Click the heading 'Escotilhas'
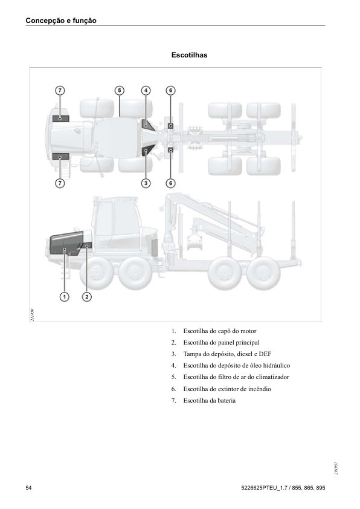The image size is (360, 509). point(189,55)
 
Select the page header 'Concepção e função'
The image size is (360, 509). point(61,21)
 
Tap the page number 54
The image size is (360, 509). point(29,487)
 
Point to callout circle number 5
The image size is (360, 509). point(120,90)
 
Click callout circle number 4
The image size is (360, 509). point(146,90)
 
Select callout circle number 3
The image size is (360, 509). point(146,183)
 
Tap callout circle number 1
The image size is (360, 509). point(64,296)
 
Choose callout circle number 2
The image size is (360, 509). point(87,296)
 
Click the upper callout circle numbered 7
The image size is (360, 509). point(59,90)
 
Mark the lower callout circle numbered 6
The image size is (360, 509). point(171,183)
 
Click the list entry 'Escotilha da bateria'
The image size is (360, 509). point(210,400)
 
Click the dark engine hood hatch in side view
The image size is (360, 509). point(65,242)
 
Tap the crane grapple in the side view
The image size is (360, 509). point(194,243)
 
